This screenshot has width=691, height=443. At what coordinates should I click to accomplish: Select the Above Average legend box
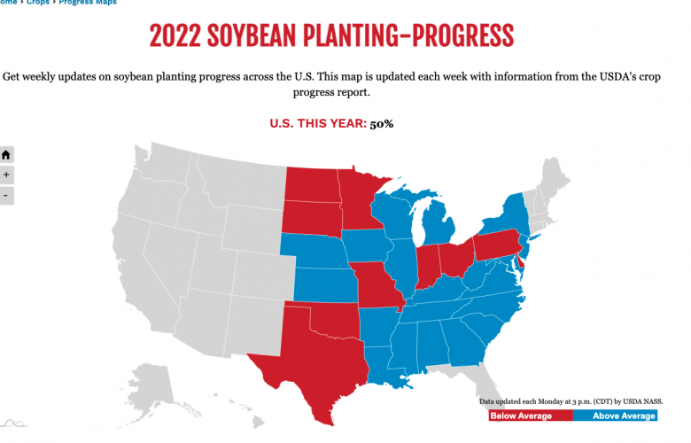(x=618, y=416)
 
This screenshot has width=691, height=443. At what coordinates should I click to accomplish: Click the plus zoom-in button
(x=6, y=175)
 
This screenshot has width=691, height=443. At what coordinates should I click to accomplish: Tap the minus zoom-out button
(x=6, y=195)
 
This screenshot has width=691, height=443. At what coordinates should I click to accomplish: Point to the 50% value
(x=382, y=123)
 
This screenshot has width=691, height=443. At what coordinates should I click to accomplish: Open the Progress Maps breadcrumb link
(x=87, y=3)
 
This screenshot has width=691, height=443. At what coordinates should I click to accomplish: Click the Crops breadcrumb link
(x=37, y=3)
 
